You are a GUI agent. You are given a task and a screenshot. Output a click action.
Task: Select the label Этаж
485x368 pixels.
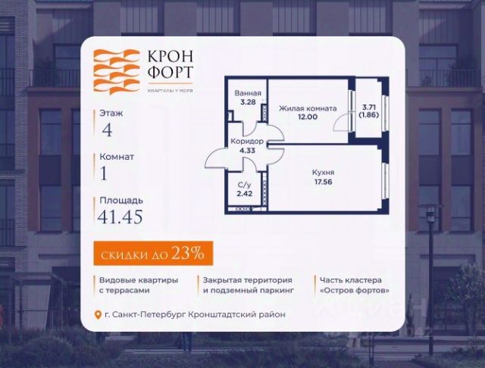coord(111,112)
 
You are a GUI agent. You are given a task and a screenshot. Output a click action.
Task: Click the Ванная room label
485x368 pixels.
coord(248,94)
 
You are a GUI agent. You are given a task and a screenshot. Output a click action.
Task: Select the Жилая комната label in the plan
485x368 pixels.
coord(308,109)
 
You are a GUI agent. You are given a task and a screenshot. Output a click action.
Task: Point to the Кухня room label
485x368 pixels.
coord(323,172)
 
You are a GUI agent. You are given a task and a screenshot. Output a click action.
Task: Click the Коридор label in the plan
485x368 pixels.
coord(246,142)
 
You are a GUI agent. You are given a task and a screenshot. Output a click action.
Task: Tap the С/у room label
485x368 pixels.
coord(244,185)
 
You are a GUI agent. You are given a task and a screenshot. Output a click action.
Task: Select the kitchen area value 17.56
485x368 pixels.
coord(323,182)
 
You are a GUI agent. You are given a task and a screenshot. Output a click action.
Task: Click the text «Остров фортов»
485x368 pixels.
coord(355,290)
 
